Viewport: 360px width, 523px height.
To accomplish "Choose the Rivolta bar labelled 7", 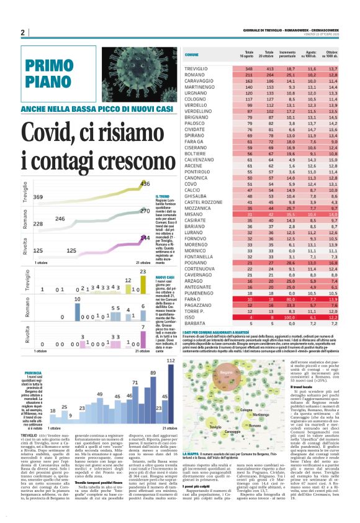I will [x=143, y=336].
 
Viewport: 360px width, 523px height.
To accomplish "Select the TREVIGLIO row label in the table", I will [x=197, y=68].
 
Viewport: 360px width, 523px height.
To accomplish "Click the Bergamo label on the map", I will [x=227, y=373].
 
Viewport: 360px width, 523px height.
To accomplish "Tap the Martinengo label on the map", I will [x=259, y=397].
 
